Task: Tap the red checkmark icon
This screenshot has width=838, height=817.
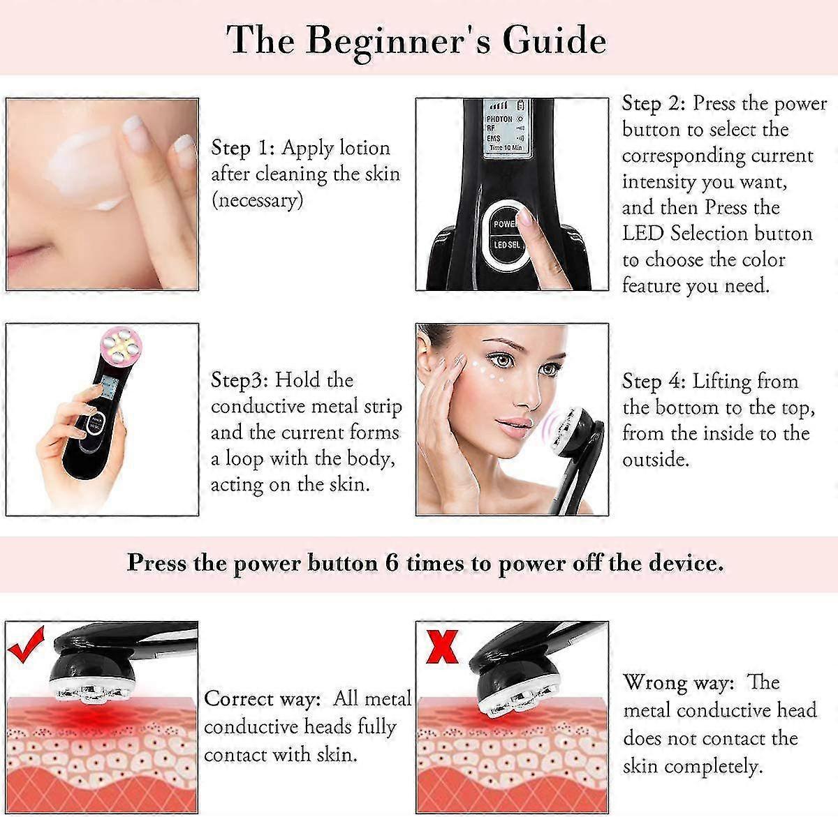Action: [27, 643]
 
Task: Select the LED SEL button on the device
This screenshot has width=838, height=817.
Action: [507, 245]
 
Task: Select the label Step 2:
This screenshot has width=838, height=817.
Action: [654, 103]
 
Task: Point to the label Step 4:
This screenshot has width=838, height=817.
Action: [654, 381]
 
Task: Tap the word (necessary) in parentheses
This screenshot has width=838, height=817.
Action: [257, 201]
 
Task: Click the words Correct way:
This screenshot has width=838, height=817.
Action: [263, 698]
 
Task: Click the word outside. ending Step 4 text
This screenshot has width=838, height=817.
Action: [656, 460]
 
